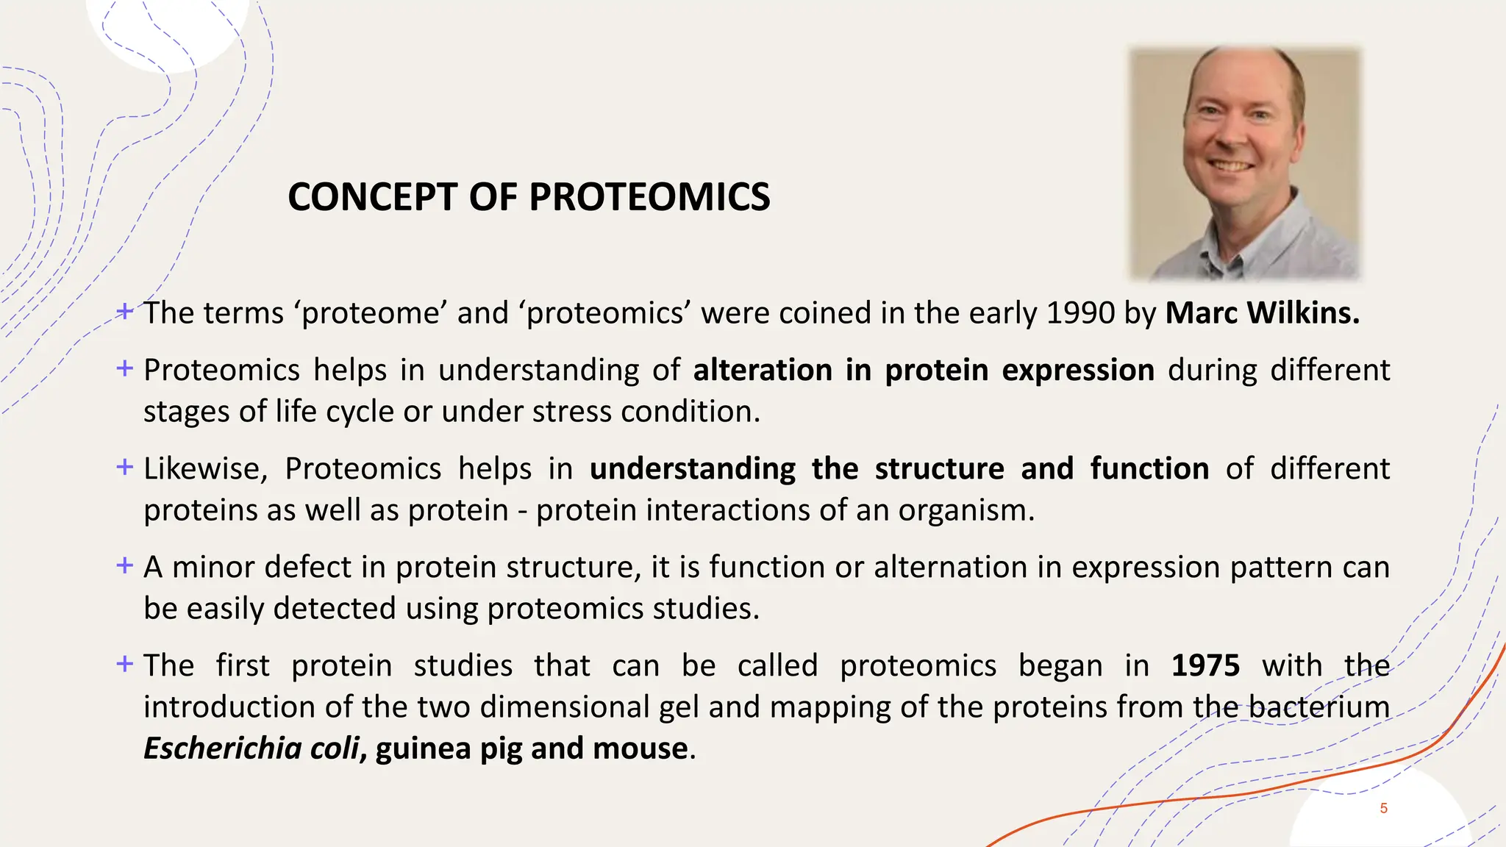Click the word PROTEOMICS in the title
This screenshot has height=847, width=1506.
649,197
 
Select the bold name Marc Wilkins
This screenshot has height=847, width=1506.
1262,313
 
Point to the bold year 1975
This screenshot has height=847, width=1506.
1205,665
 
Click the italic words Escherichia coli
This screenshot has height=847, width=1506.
251,748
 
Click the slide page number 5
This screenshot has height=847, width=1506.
1383,809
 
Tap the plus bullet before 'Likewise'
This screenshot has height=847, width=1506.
125,467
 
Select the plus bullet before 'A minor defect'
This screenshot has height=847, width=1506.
125,565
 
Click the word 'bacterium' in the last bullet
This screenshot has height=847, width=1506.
1319,707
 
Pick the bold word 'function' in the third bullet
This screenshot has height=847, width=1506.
1149,469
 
